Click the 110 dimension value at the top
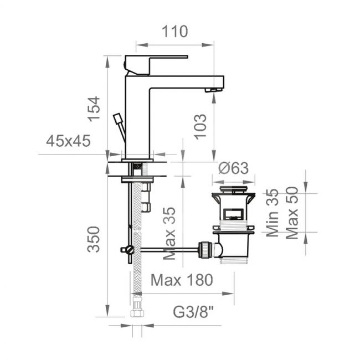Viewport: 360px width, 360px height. pyautogui.click(x=175, y=32)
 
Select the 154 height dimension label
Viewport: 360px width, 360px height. pyautogui.click(x=94, y=109)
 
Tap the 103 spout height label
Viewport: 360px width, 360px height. pyautogui.click(x=200, y=127)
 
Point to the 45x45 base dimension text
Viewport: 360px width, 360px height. pyautogui.click(x=68, y=141)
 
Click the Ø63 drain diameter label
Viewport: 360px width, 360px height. pyautogui.click(x=233, y=168)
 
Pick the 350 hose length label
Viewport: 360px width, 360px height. pyautogui.click(x=94, y=239)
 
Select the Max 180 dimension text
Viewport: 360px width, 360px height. pyautogui.click(x=182, y=280)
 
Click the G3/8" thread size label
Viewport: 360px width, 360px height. pyautogui.click(x=193, y=312)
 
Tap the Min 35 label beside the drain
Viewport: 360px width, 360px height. pyautogui.click(x=272, y=213)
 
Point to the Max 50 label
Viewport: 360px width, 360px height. pyautogui.click(x=292, y=213)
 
